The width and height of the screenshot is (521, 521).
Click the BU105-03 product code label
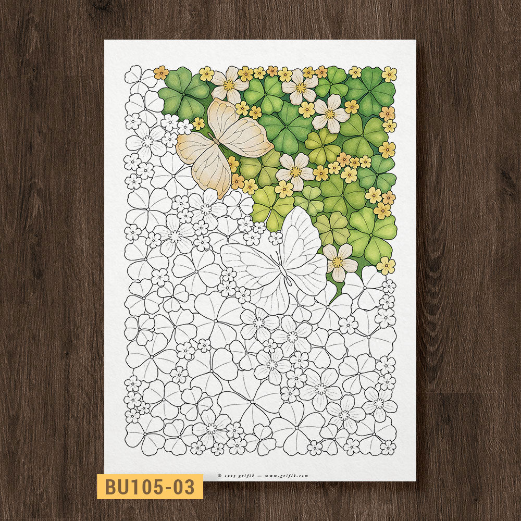tap(150, 487)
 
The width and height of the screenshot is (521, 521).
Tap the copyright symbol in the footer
tap(220, 475)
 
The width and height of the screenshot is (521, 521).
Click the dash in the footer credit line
tap(259, 475)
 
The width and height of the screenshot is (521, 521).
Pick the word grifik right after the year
tap(245, 475)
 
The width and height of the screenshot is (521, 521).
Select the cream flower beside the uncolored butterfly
tap(338, 262)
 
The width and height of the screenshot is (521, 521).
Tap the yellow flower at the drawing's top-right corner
tap(389, 74)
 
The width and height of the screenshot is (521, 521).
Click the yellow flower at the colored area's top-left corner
tap(161, 72)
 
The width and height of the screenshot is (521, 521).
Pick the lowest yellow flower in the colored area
tap(386, 266)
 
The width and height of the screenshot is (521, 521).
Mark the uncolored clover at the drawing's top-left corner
tap(140, 77)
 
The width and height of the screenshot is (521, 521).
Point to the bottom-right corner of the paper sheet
tap(416, 480)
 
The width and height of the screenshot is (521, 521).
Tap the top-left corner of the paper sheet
tap(105, 41)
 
